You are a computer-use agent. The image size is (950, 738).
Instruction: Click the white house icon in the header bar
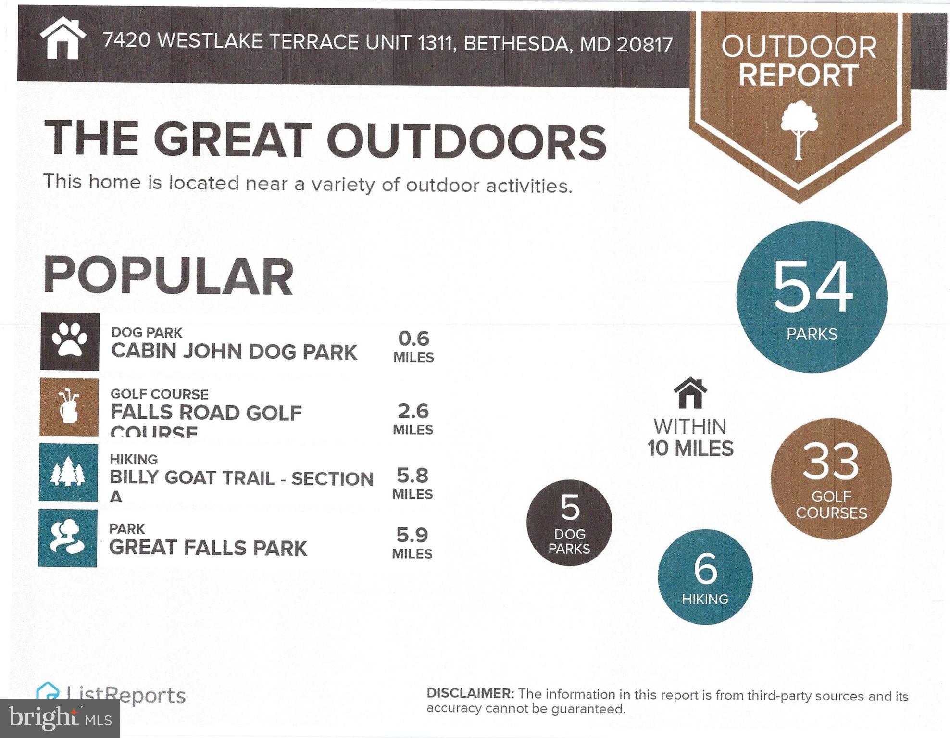(62, 38)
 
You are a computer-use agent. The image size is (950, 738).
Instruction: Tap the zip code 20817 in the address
(645, 45)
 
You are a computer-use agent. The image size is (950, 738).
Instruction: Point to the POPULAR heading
(168, 276)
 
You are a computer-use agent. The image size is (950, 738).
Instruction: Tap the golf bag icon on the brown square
(69, 407)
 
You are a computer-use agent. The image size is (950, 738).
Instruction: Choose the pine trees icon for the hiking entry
(68, 472)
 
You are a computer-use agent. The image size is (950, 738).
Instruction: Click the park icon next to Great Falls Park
(67, 538)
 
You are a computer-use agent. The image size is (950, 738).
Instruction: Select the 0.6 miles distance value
(413, 339)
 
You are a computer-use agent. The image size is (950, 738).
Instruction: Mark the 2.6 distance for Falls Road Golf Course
(413, 412)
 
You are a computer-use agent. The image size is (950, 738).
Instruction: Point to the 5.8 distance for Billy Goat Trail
(412, 475)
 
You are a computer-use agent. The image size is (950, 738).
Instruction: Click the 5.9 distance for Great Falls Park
(412, 535)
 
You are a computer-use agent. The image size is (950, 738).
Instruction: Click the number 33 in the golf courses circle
(831, 462)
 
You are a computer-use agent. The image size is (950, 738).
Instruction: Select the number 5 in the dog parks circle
(570, 508)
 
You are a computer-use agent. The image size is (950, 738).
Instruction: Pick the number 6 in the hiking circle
(705, 569)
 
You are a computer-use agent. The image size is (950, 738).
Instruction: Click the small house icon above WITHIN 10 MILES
(690, 393)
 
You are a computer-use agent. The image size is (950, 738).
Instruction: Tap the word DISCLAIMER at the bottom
(470, 693)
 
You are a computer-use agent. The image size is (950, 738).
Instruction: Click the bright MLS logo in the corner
(60, 718)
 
